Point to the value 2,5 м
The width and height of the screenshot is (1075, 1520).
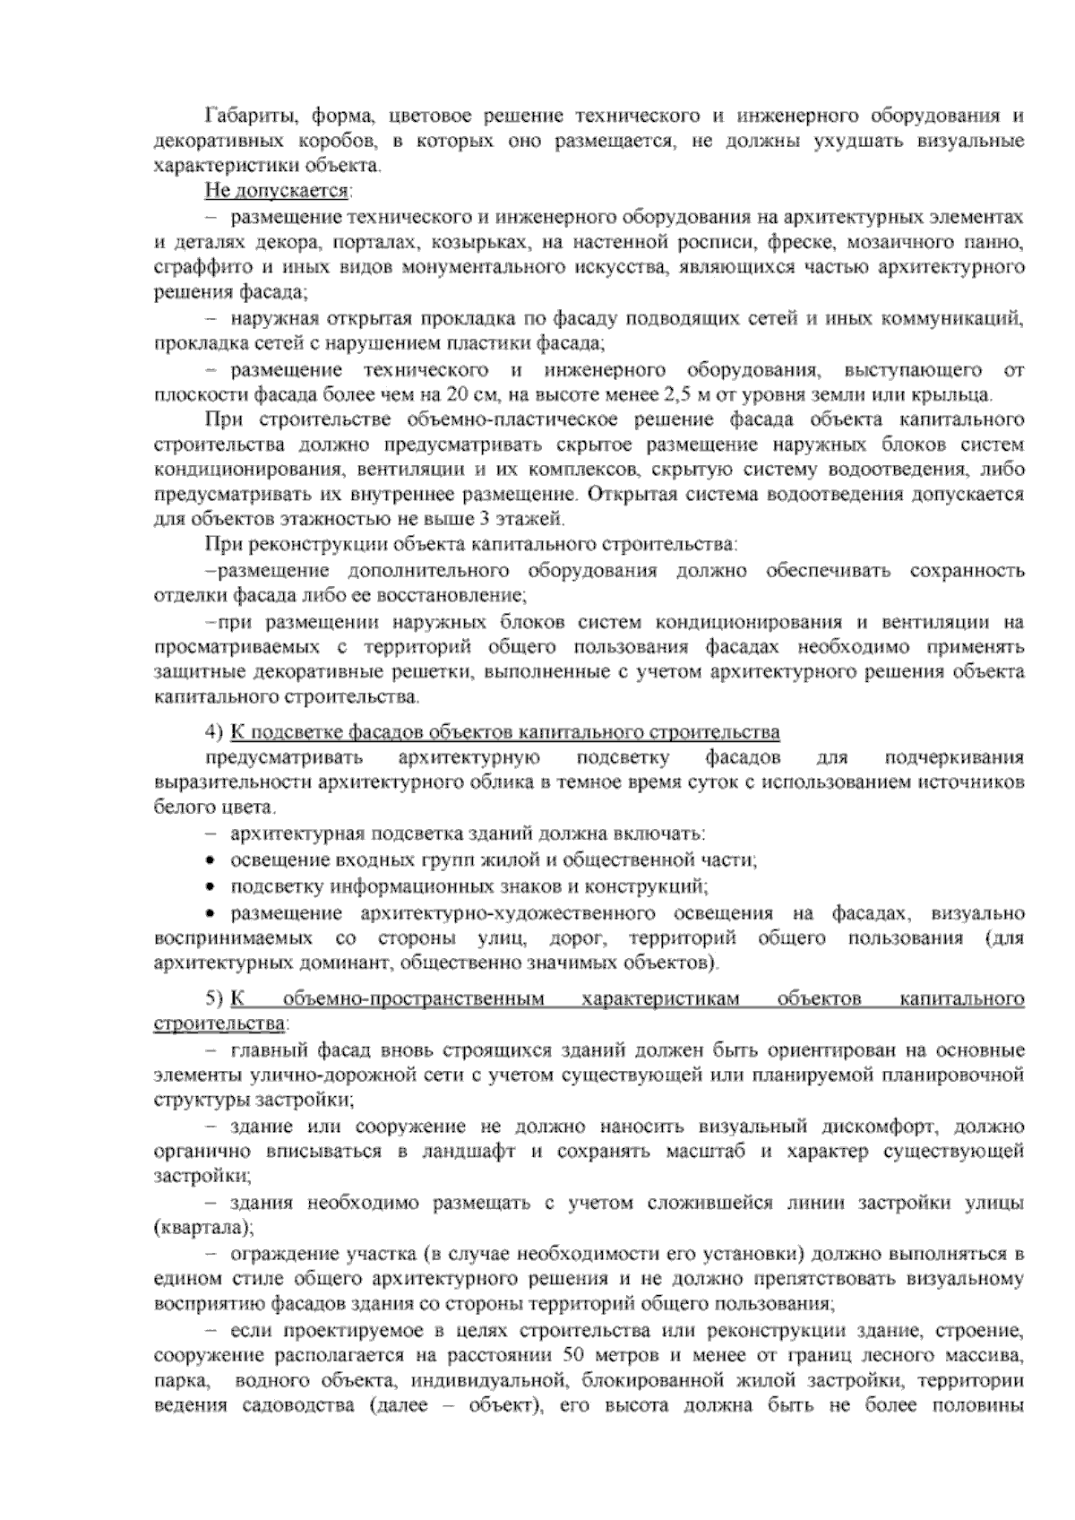coord(684,395)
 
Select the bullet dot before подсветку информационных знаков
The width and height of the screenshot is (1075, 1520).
coord(210,888)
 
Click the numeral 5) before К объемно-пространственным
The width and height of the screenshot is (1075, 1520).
coord(214,998)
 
